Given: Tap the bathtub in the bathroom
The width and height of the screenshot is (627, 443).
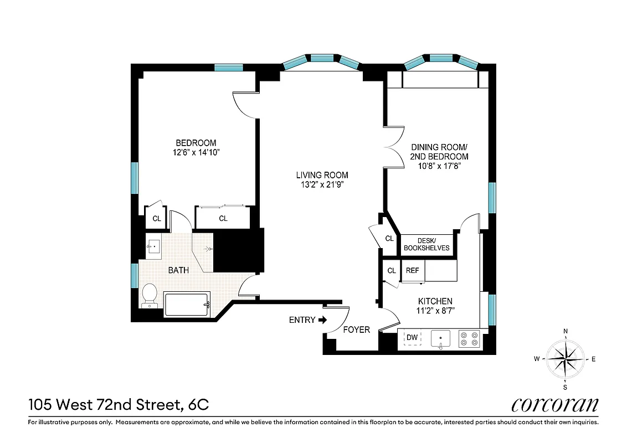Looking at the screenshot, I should pyautogui.click(x=187, y=305).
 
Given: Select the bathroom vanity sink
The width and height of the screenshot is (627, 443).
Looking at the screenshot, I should pyautogui.click(x=153, y=246).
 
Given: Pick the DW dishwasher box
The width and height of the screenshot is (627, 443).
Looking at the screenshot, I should pyautogui.click(x=412, y=338).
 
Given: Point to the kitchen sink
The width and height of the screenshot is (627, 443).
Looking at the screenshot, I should pyautogui.click(x=440, y=338).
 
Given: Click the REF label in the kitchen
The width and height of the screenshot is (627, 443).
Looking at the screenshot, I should pyautogui.click(x=412, y=271).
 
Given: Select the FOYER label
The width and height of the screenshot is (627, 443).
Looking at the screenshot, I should pyautogui.click(x=356, y=329).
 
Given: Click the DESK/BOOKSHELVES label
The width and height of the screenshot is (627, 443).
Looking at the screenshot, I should pyautogui.click(x=426, y=244).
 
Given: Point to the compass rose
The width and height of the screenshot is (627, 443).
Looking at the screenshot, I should pyautogui.click(x=565, y=358).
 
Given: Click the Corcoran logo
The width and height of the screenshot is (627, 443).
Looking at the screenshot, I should pyautogui.click(x=554, y=405).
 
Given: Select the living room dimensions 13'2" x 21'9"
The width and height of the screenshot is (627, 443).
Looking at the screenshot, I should pyautogui.click(x=322, y=185).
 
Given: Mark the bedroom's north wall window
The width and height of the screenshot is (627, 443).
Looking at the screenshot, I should pyautogui.click(x=228, y=68).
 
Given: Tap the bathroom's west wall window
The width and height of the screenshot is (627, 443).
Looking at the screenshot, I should pyautogui.click(x=135, y=275).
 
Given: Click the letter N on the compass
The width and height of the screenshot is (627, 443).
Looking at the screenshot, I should pyautogui.click(x=565, y=332).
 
